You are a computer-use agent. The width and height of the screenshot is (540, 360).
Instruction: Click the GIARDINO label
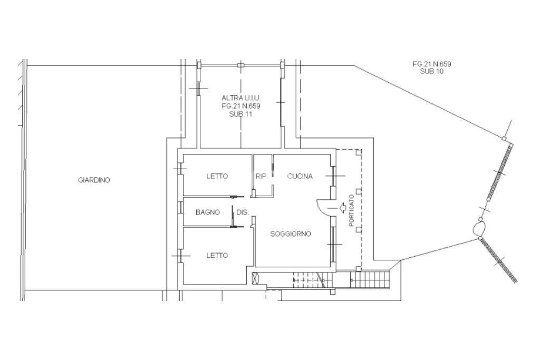point(94,180)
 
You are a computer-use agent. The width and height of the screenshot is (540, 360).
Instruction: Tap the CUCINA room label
point(300,176)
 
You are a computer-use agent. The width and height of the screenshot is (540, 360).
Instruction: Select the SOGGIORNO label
point(291,234)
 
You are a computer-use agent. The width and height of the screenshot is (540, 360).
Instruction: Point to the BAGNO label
point(208,212)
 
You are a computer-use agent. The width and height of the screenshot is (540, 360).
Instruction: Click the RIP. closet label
point(262,176)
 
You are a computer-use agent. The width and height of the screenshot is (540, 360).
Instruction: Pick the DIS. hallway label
point(243,212)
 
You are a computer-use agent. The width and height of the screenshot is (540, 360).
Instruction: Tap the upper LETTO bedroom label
point(217,176)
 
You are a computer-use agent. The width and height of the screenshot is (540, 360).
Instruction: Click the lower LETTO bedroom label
point(217,255)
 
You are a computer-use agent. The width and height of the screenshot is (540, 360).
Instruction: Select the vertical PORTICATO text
point(351,211)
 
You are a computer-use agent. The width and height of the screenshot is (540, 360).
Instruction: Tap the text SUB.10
point(432,71)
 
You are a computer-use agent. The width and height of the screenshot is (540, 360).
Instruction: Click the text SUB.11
point(240,114)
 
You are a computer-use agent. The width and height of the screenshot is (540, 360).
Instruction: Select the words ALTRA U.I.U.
point(241,98)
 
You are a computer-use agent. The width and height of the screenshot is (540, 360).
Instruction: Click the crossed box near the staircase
point(255,278)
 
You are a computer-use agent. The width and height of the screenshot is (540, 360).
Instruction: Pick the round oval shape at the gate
point(479,227)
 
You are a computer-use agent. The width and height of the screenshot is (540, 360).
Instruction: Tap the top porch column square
point(359,151)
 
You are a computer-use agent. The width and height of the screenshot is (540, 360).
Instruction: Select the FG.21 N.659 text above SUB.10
point(432,64)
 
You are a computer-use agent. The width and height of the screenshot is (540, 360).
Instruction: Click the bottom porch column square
point(359,268)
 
